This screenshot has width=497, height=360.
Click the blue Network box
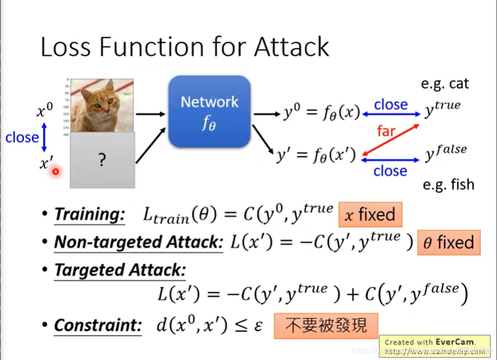[x=209, y=111]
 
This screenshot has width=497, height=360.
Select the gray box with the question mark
[x=101, y=160]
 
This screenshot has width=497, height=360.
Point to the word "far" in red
[x=386, y=131]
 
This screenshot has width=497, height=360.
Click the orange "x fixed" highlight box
[x=370, y=214]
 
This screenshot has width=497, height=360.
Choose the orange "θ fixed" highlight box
[x=448, y=242]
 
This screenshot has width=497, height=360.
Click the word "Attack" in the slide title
[x=291, y=47]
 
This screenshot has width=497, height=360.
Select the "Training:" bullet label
[x=90, y=214]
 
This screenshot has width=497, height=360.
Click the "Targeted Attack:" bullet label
[x=120, y=270]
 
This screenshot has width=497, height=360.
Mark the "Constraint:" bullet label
[x=97, y=325]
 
